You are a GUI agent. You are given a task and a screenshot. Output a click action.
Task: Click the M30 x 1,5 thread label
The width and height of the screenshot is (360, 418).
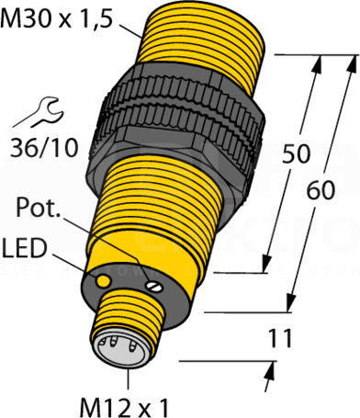(57, 19)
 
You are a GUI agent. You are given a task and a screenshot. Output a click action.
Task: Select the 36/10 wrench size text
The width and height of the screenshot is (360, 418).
(44, 147)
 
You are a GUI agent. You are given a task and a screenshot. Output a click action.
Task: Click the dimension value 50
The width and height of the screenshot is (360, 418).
(296, 153)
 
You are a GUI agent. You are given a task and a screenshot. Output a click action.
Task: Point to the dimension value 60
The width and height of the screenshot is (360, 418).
(321, 190)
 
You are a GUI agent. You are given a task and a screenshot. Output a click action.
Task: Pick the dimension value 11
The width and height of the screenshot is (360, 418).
(280, 339)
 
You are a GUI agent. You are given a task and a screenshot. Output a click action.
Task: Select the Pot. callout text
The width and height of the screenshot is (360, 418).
(38, 208)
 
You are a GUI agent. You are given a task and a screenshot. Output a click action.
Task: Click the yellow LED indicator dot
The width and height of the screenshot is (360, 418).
(103, 280)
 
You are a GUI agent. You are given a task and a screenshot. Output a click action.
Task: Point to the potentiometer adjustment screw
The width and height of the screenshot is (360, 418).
(153, 287)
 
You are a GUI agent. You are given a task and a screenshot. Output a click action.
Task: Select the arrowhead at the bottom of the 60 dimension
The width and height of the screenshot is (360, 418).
(291, 303)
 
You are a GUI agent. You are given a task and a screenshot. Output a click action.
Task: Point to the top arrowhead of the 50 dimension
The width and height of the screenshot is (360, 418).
(319, 63)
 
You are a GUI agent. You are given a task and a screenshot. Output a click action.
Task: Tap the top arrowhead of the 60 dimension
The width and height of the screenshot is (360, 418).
(353, 63)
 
